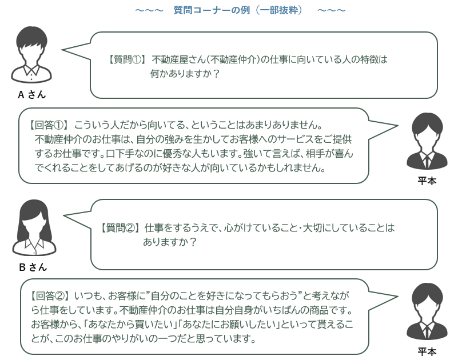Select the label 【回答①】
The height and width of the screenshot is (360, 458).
click(50, 125)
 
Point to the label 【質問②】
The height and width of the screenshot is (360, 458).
click(120, 227)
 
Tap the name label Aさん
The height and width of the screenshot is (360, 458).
click(32, 95)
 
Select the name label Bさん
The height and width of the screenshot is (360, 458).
click(33, 267)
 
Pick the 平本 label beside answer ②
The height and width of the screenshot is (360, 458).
click(428, 351)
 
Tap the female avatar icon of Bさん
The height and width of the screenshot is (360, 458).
click(33, 227)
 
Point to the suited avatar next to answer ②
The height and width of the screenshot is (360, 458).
click(427, 311)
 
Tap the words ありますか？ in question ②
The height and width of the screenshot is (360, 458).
click(170, 242)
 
